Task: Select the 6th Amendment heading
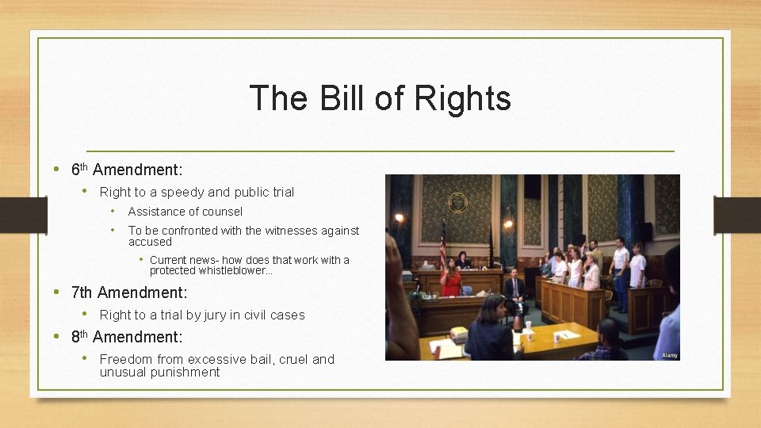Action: tap(127, 170)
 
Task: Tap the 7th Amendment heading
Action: tap(129, 292)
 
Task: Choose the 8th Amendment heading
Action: tap(127, 337)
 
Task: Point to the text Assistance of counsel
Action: tap(185, 212)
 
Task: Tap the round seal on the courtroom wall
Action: tap(457, 202)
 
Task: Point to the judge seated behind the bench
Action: tap(462, 261)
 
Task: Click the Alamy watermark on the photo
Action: tap(669, 355)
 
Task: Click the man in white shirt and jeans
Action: tap(620, 273)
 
